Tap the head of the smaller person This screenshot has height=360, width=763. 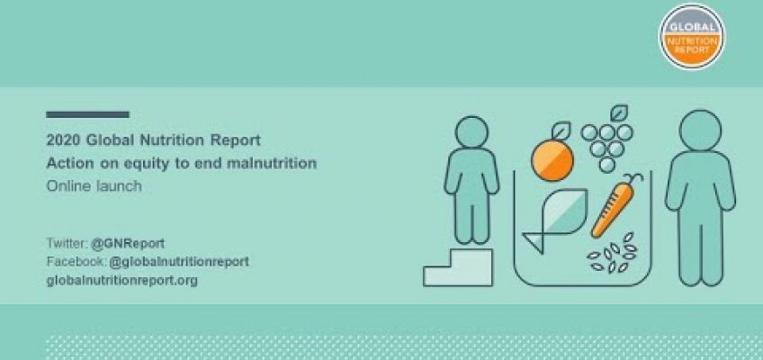click(469, 135)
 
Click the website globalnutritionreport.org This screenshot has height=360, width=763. click(121, 280)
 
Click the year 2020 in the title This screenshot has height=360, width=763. click(61, 141)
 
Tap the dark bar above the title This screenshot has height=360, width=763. click(87, 114)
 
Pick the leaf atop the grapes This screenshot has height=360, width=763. click(619, 114)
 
